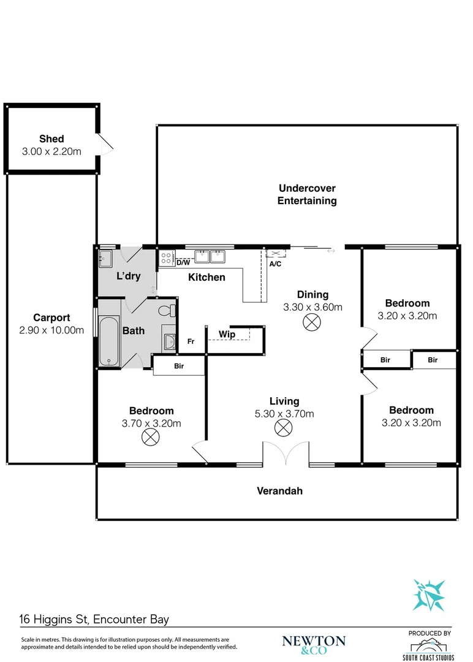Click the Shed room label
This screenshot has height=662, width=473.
pos(51,139)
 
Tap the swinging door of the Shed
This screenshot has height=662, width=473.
pos(105,144)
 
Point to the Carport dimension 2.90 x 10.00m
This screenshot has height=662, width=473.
pos(51,330)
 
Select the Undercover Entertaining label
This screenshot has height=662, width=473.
pos(307,194)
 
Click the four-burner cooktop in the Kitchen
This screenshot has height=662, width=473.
pos(167,258)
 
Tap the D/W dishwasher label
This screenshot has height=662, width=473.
pos(183,263)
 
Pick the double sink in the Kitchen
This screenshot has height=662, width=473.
pos(210,256)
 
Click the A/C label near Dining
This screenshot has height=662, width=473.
pos(275,264)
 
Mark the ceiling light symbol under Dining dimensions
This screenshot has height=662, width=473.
pos(312,322)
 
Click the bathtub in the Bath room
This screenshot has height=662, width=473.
pos(109,341)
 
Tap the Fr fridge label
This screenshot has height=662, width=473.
pos(191,341)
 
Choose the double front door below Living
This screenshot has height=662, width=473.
pos(286,453)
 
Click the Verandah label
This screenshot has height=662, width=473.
pos(279,490)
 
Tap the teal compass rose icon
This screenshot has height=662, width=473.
pos(428,595)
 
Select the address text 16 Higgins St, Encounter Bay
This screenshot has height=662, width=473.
pos(94,620)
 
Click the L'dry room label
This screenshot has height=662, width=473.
pos(129,276)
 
